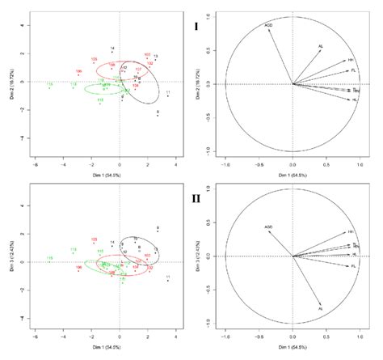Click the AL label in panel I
pos(321,46)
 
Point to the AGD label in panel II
pos(268,227)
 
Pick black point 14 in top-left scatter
pos(112,49)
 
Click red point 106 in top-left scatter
pos(78,71)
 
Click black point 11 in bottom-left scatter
pos(167,278)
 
